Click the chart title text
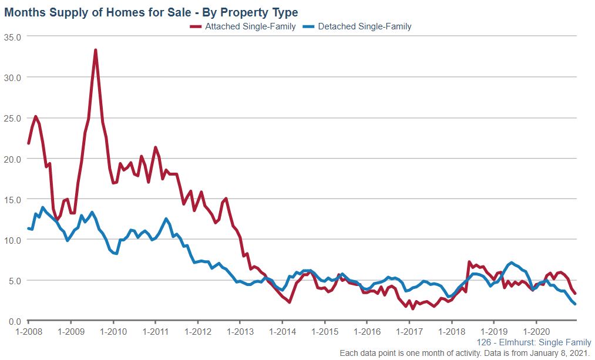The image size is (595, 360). [x=151, y=12]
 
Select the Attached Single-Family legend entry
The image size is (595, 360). [x=250, y=26]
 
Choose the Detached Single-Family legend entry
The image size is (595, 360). [x=364, y=26]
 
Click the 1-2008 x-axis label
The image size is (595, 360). [x=28, y=331]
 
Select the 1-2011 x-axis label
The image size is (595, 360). [x=155, y=331]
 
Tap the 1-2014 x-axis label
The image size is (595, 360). [x=282, y=331]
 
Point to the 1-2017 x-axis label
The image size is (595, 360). [x=409, y=331]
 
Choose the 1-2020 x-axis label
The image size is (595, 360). [x=536, y=331]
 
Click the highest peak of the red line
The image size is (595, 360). [x=95, y=50]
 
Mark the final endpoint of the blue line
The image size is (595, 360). [x=575, y=304]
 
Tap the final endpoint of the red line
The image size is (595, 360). [x=575, y=294]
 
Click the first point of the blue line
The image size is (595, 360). [x=28, y=228]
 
